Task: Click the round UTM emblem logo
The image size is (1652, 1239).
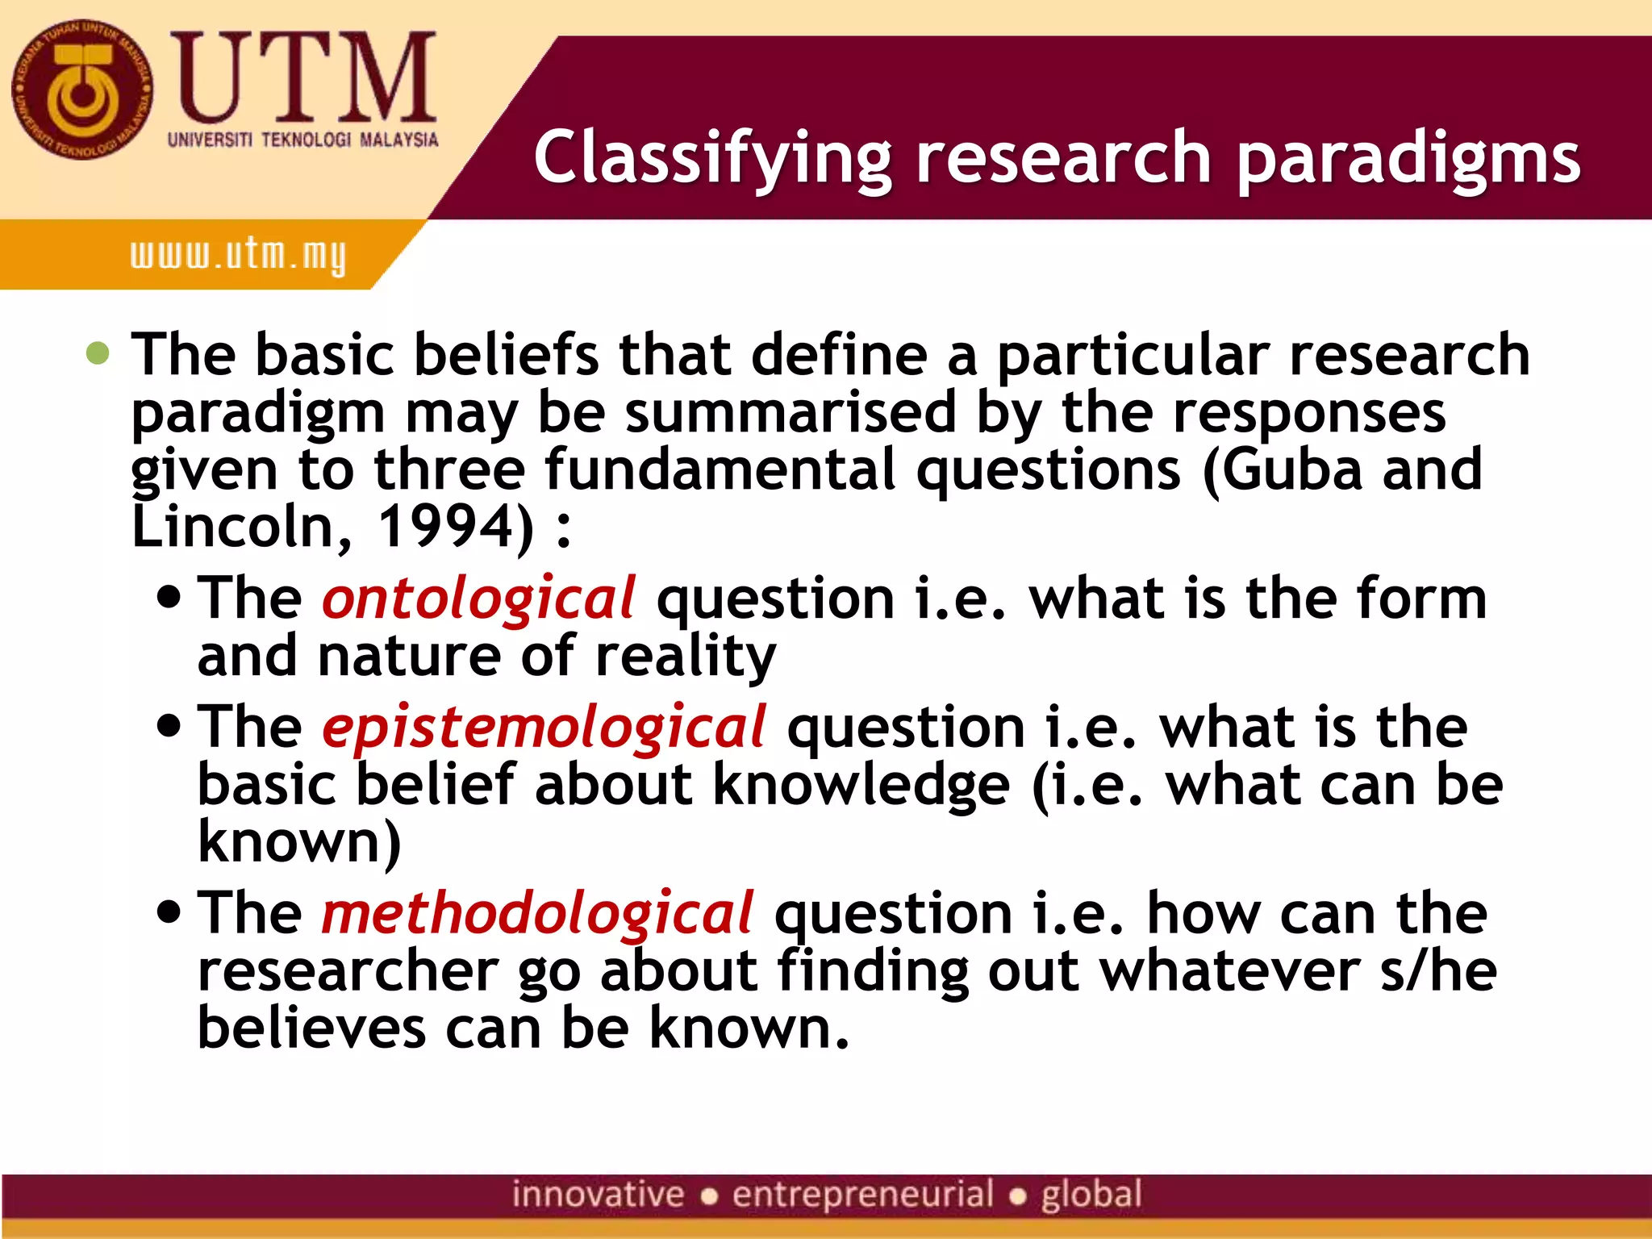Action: point(81,90)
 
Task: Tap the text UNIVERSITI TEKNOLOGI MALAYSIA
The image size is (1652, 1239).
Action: point(302,140)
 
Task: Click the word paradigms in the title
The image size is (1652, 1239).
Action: point(1408,157)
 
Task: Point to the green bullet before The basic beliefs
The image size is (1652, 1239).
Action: point(98,353)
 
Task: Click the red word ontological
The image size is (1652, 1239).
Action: point(478,599)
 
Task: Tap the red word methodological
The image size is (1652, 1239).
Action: point(537,913)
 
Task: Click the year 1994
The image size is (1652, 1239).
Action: point(445,527)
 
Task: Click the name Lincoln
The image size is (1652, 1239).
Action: point(233,527)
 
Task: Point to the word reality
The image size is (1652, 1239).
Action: point(685,657)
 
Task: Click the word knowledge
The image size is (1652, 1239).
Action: point(861,786)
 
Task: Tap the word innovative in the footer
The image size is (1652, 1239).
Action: point(598,1195)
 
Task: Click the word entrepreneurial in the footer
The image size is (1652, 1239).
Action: point(862,1195)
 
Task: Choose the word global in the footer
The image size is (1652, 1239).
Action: point(1091,1195)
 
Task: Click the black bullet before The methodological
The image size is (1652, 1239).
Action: point(169,913)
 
